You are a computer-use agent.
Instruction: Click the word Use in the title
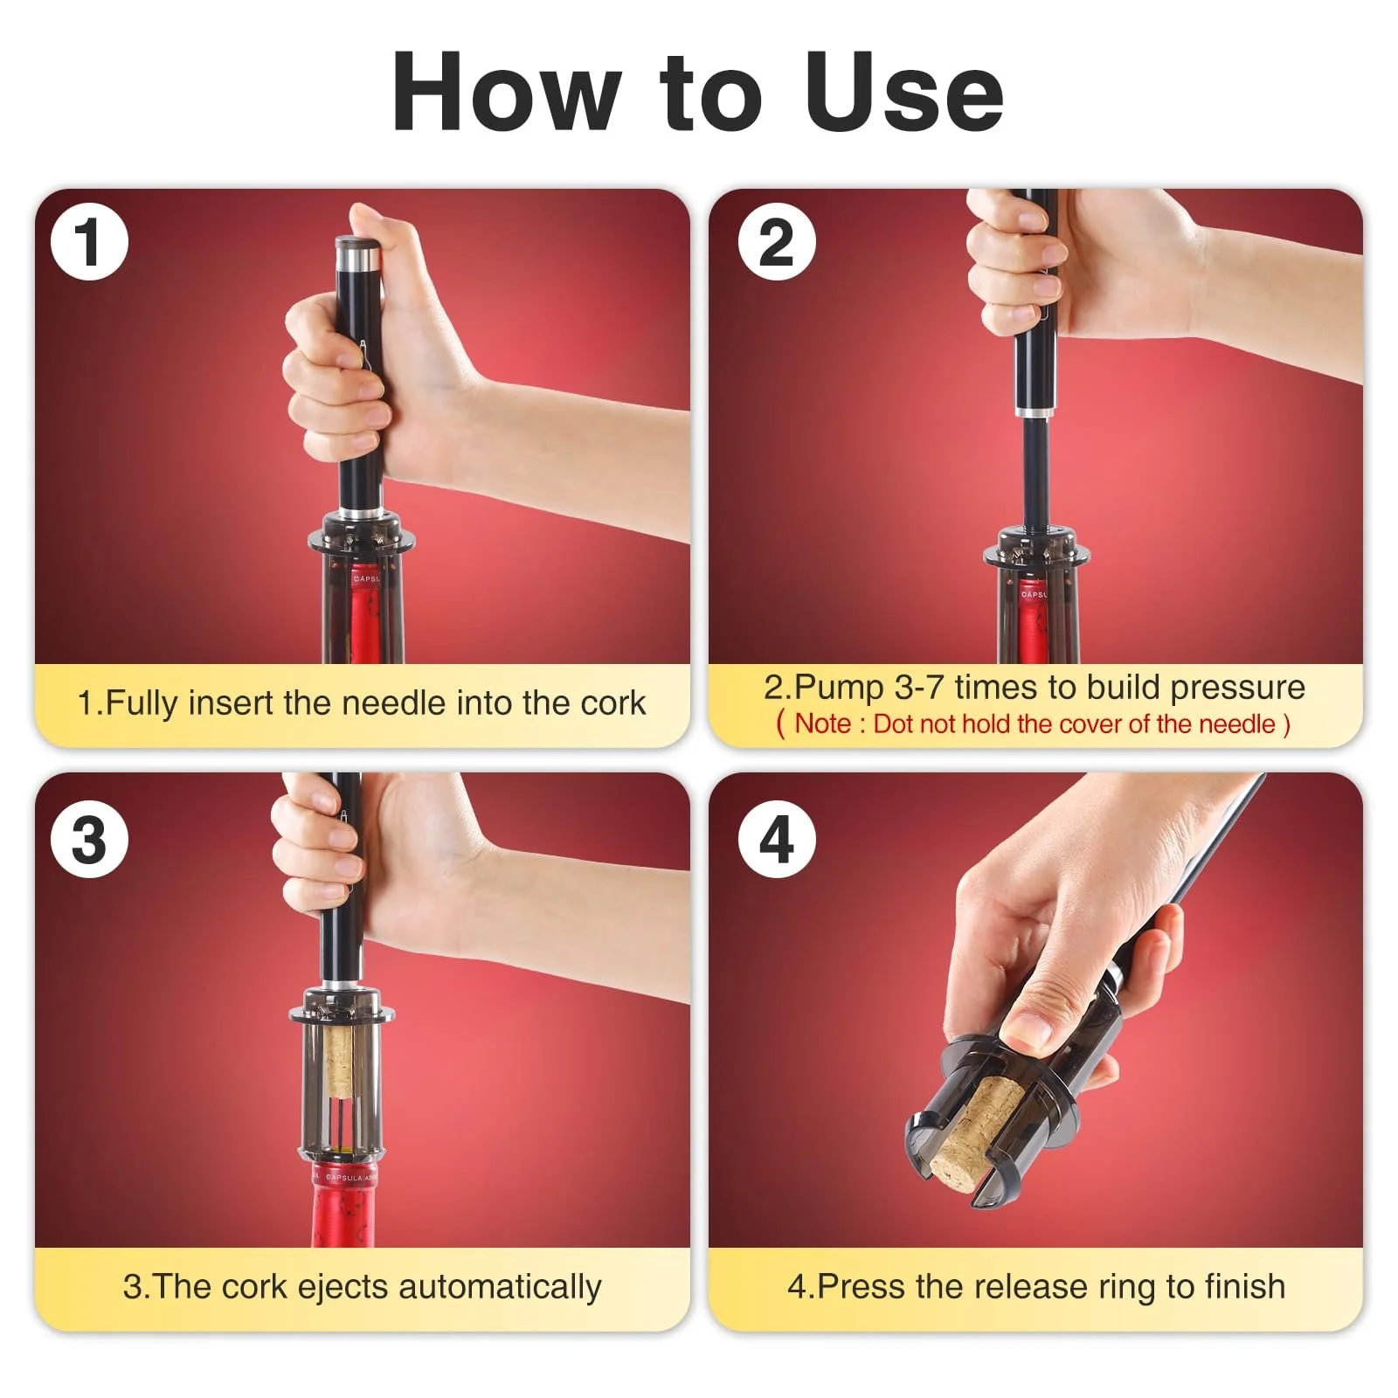(x=905, y=93)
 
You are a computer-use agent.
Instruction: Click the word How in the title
(x=507, y=93)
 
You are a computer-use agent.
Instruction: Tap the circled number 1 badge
(x=89, y=241)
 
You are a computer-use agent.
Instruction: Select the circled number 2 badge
(x=777, y=241)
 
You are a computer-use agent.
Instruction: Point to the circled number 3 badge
(x=89, y=840)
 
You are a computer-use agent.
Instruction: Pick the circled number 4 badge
(x=777, y=840)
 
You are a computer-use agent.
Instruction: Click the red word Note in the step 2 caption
(x=823, y=723)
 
